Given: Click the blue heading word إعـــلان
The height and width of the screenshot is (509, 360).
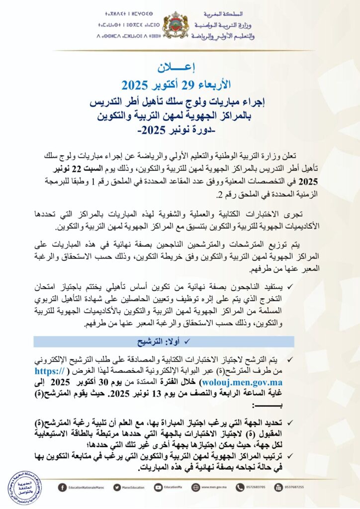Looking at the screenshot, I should click(180, 67).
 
